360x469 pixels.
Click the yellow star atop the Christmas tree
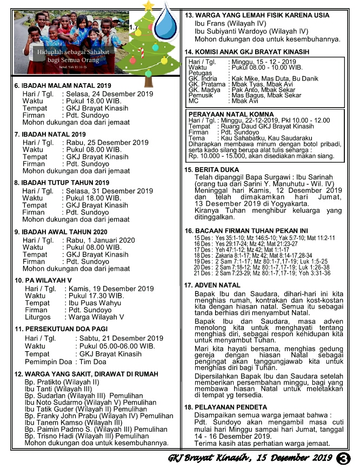coord(148,7)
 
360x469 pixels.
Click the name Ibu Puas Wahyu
coord(93,303)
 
